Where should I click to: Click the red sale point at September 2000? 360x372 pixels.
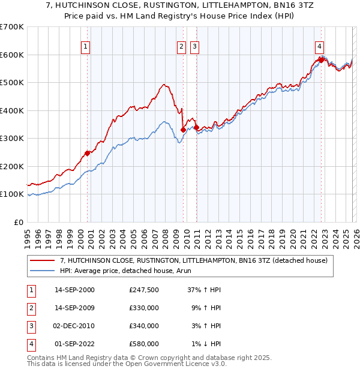[88, 153]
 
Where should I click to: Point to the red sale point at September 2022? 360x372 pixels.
[321, 59]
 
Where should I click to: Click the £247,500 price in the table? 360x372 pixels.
[143, 289]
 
